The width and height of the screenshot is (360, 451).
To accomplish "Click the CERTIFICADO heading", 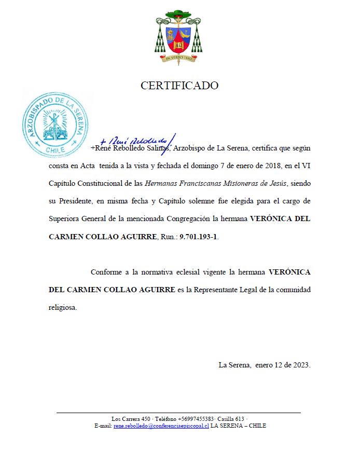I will coord(179,86).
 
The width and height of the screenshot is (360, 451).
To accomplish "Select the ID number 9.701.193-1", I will coord(199,237).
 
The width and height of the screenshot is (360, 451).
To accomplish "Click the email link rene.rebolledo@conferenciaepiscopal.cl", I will coord(161,426).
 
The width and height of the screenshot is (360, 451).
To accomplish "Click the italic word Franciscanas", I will coord(198,183).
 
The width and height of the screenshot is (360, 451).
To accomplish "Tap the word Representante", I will coord(217,290).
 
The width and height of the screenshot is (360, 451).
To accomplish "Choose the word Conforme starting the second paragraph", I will coord(106,272).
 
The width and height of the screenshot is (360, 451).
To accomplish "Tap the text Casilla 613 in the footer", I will coord(231,419).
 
